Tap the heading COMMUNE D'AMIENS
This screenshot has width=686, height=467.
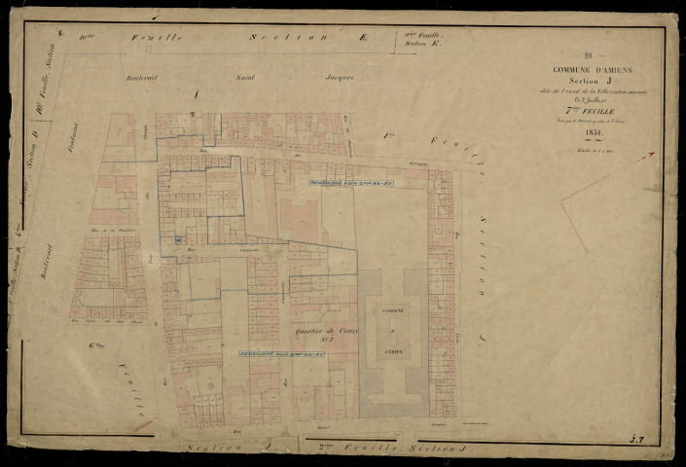click(x=593, y=70)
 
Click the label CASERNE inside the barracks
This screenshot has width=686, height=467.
click(x=393, y=308)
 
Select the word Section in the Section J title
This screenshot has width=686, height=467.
click(x=579, y=82)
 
